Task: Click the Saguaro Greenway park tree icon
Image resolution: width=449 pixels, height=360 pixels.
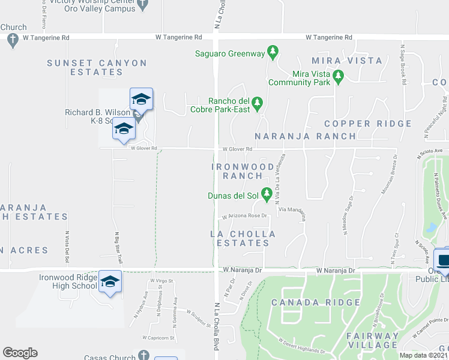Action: [x=273, y=53]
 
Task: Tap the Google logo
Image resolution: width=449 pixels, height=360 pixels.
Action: [x=20, y=353]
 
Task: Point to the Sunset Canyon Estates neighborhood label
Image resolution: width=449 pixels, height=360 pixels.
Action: [x=97, y=67]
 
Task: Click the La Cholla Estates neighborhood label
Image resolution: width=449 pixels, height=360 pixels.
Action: [x=243, y=238]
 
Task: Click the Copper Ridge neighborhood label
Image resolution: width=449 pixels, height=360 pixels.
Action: [x=368, y=124]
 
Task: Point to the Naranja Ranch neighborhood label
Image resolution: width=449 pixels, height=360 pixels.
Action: [x=305, y=136]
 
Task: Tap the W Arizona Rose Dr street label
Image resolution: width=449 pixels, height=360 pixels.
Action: [x=244, y=216]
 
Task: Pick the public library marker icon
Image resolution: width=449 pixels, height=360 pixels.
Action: [x=443, y=260]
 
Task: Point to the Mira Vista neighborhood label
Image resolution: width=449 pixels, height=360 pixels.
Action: [x=347, y=61]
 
